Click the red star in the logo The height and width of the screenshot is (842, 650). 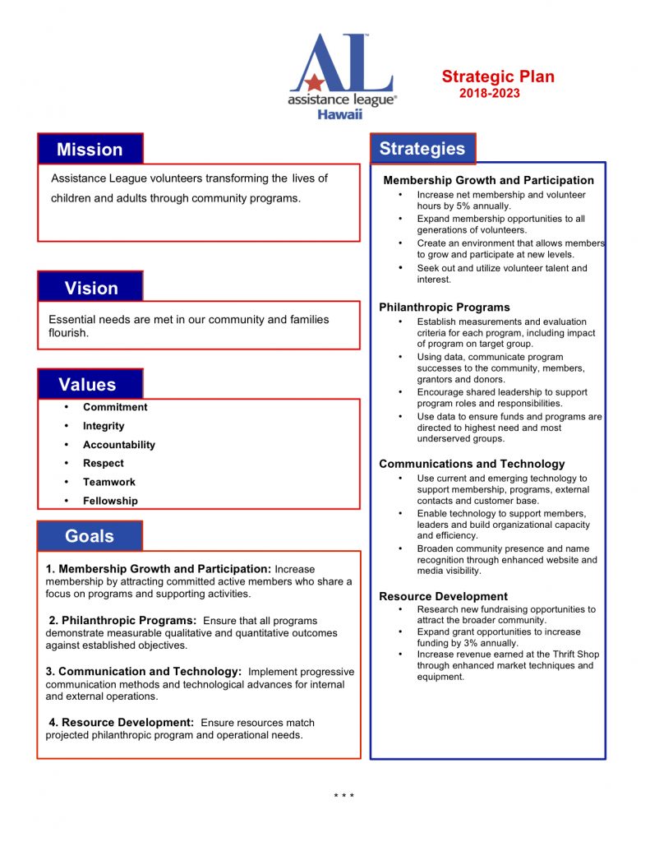pyautogui.click(x=312, y=82)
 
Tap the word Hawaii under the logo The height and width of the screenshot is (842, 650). pyautogui.click(x=339, y=114)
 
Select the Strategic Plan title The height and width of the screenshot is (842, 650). pyautogui.click(x=498, y=77)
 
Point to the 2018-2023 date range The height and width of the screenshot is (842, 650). pyautogui.click(x=490, y=94)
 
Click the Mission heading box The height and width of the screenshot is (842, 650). pyautogui.click(x=90, y=149)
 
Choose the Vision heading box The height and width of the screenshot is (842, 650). pyautogui.click(x=90, y=287)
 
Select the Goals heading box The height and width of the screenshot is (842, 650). pyautogui.click(x=90, y=536)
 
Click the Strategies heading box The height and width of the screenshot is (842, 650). pyautogui.click(x=422, y=149)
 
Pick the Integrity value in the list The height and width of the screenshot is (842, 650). pyautogui.click(x=104, y=426)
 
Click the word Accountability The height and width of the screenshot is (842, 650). pyautogui.click(x=119, y=445)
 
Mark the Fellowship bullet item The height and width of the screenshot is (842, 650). pyautogui.click(x=110, y=501)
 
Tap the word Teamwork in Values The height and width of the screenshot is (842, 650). pyautogui.click(x=109, y=482)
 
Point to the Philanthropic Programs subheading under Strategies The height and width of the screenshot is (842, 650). pyautogui.click(x=445, y=308)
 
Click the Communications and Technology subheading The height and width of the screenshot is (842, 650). pyautogui.click(x=472, y=464)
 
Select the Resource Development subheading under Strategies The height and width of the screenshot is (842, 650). pyautogui.click(x=443, y=596)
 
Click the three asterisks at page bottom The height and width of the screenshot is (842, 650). pyautogui.click(x=343, y=795)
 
